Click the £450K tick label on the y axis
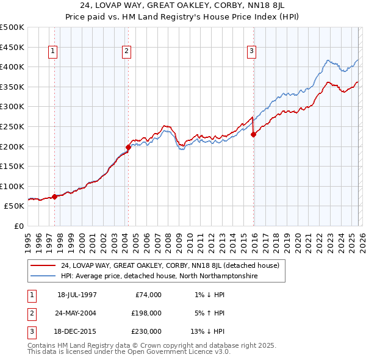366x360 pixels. coord(12,47)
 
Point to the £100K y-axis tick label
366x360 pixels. coord(12,186)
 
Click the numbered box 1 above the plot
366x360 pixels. coord(53,52)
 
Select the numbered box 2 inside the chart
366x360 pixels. coord(126,52)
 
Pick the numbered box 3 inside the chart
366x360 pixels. coord(251,52)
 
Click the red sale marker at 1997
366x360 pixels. coord(55,196)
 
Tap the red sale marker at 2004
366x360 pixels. coord(129,147)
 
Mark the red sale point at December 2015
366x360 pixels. coord(253,135)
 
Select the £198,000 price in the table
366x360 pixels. coord(146,313)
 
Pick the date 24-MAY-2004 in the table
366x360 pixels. coord(77,313)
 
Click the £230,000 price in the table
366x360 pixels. coord(146,331)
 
